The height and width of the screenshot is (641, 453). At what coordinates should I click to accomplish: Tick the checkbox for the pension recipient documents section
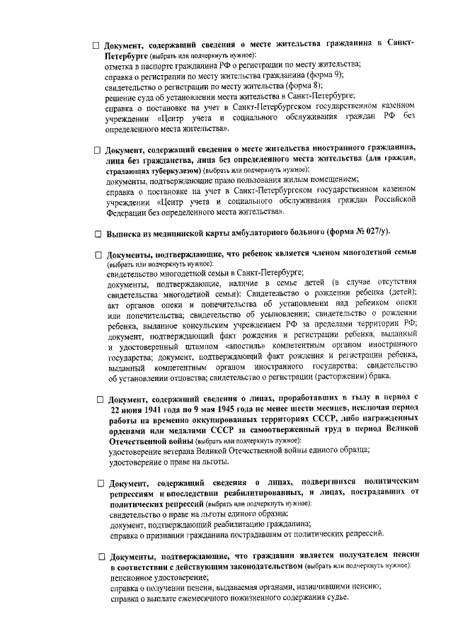pos(101,555)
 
